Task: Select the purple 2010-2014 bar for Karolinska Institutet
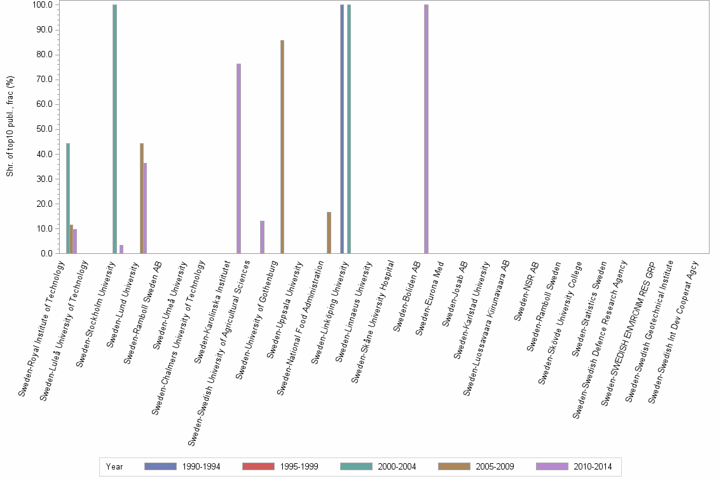click(x=238, y=158)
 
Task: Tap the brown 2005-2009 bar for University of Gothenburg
click(x=282, y=147)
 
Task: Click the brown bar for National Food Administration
click(x=329, y=233)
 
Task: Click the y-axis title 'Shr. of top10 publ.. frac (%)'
click(x=10, y=127)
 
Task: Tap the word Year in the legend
click(x=114, y=467)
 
